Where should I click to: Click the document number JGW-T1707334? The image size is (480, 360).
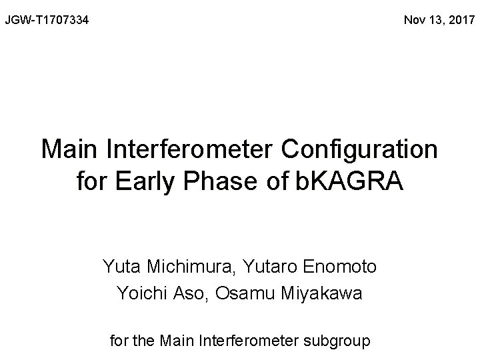click(x=47, y=21)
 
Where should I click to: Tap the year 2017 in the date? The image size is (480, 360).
click(x=459, y=21)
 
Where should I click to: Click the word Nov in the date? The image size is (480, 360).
click(x=415, y=21)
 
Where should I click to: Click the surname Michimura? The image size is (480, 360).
click(x=179, y=267)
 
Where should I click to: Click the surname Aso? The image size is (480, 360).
click(x=187, y=293)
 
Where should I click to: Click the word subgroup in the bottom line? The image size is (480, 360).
click(x=338, y=341)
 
